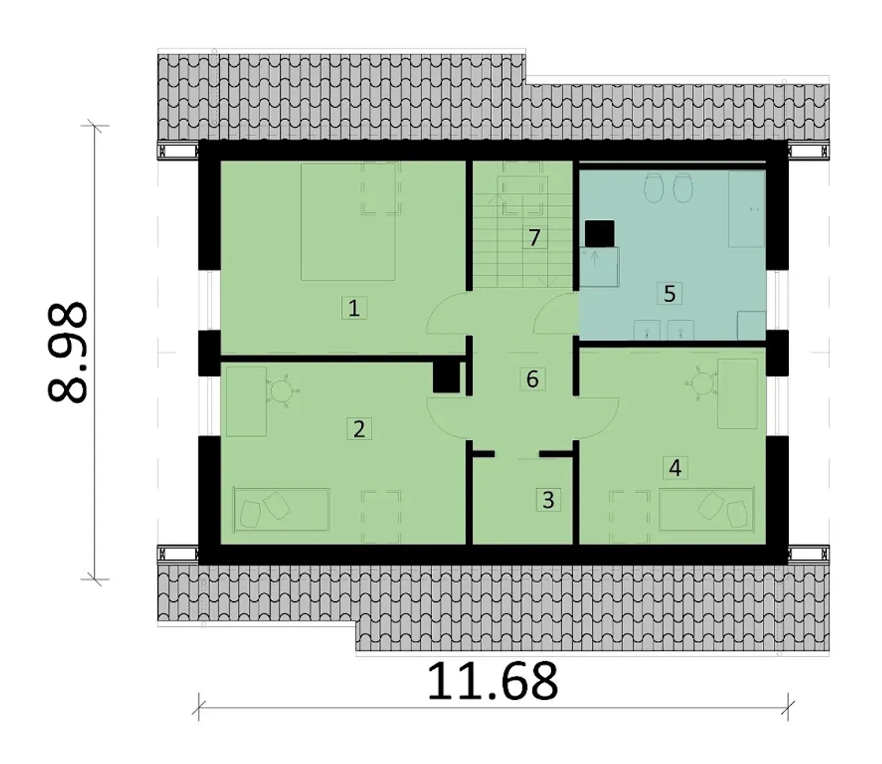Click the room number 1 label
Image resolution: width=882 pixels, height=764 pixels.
click(x=353, y=308)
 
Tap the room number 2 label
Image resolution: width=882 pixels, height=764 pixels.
click(x=359, y=429)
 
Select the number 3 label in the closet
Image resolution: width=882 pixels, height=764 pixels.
click(x=548, y=500)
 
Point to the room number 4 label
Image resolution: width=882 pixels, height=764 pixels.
click(x=675, y=468)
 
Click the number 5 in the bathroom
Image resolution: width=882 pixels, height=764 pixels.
click(x=670, y=293)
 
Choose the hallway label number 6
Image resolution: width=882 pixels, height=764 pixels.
click(x=533, y=379)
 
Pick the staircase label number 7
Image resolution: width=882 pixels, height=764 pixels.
click(x=535, y=238)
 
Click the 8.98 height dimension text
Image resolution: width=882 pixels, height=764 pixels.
click(x=67, y=353)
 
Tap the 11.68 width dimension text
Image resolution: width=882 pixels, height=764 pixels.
click(x=493, y=681)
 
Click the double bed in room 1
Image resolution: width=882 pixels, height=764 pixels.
click(x=348, y=223)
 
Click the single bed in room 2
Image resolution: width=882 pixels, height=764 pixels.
click(x=282, y=510)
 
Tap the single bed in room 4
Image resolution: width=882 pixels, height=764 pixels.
click(x=706, y=510)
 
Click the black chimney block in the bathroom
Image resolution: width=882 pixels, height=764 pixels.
click(x=599, y=234)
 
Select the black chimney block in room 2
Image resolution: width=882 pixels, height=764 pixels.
click(x=447, y=377)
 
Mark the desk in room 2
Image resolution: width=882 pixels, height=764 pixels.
click(x=247, y=401)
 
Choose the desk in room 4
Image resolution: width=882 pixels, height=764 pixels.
click(x=738, y=394)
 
